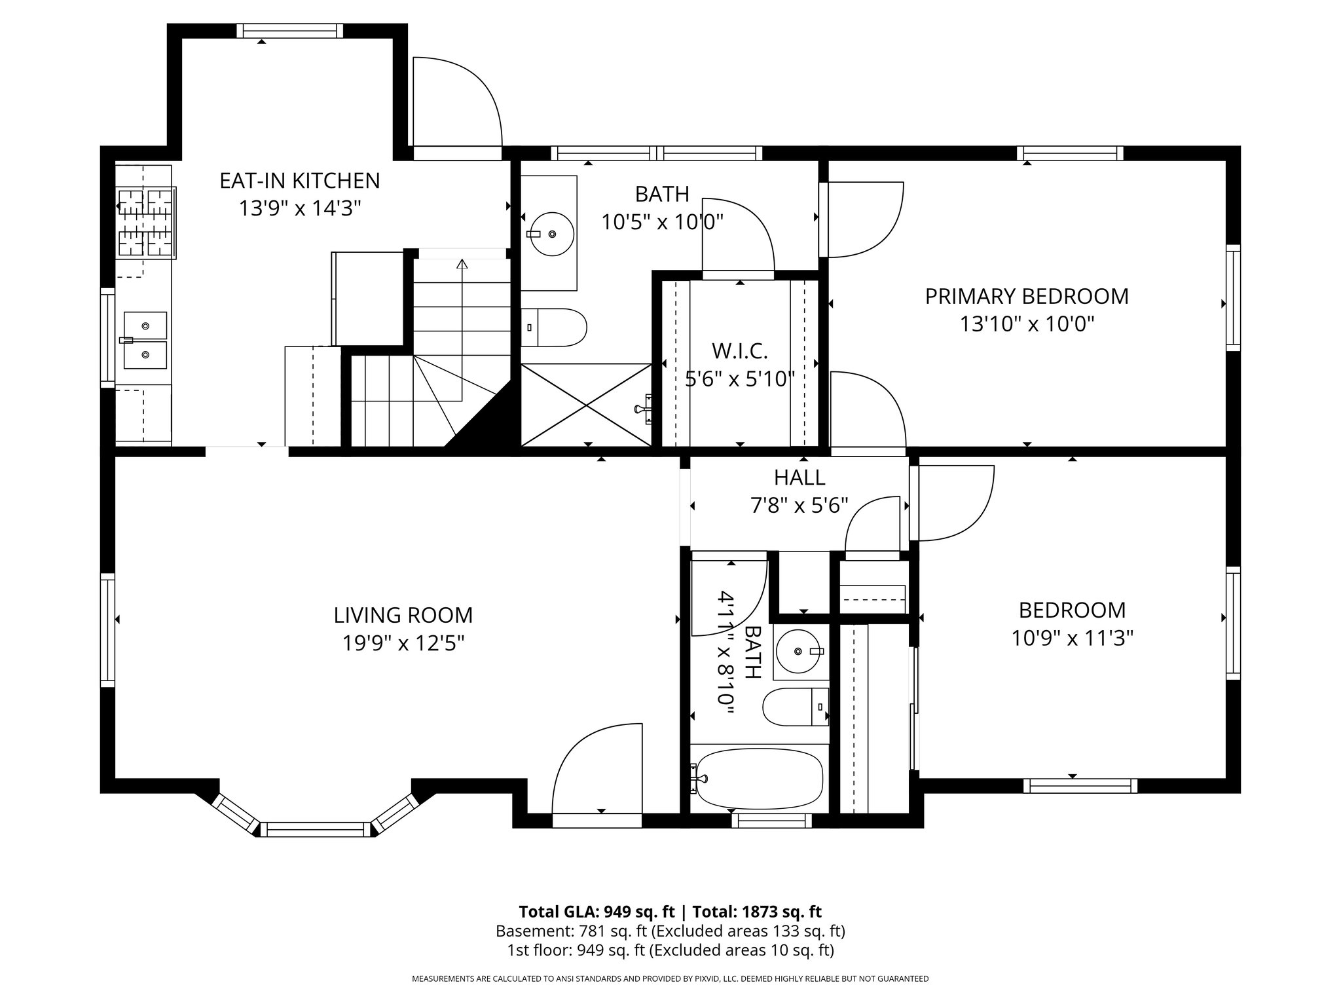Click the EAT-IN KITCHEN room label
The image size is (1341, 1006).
(x=299, y=180)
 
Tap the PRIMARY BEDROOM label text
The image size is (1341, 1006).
(x=1027, y=296)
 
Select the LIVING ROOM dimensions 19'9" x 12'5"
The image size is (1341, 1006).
(x=403, y=643)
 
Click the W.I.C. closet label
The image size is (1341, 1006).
(x=740, y=351)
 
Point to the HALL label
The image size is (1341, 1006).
(x=799, y=477)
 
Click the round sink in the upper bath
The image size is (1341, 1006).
(x=551, y=234)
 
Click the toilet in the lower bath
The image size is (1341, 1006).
(x=796, y=707)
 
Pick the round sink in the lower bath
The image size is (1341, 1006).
(x=798, y=651)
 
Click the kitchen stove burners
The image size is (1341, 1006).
(x=146, y=221)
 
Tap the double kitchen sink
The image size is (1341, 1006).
(x=145, y=340)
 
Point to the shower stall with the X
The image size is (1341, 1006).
(x=586, y=405)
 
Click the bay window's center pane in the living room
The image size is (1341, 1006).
(x=316, y=829)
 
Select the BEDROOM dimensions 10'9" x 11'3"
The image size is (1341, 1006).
(x=1073, y=638)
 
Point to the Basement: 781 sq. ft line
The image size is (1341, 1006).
(x=670, y=931)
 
